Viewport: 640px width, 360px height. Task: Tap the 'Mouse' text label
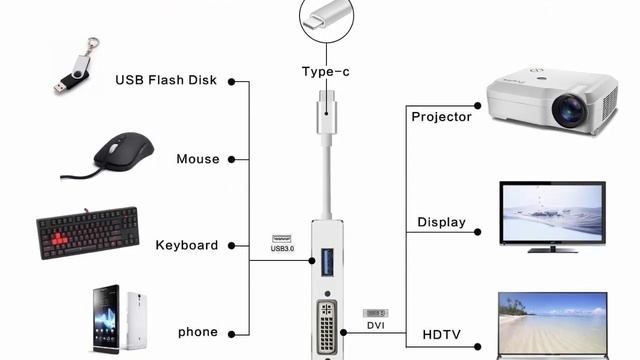pos(198,159)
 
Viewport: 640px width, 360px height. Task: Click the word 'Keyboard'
pos(187,245)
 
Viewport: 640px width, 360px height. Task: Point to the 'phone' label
pos(198,332)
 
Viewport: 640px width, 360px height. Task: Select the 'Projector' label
pos(441,117)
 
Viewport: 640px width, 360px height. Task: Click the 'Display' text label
pos(441,222)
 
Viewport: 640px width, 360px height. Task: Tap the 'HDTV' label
pos(441,333)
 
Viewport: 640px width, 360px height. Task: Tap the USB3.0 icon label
pos(282,245)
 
